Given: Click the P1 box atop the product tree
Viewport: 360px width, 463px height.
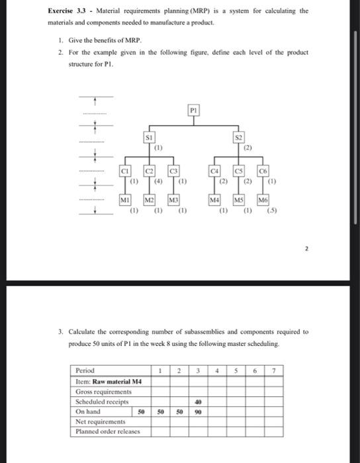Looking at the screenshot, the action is [x=193, y=110].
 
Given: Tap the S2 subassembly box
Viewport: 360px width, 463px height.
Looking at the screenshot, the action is [x=239, y=138].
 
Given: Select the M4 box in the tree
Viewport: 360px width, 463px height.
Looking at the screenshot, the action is [x=214, y=200].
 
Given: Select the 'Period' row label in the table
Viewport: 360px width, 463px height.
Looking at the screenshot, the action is [x=86, y=370].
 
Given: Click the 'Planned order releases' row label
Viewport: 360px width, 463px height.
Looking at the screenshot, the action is [x=105, y=431].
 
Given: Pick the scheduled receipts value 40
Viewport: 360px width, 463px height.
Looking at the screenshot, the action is [x=197, y=401].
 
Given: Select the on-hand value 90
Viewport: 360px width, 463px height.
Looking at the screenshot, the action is [x=197, y=411].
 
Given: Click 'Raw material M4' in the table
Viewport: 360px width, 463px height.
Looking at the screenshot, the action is [x=118, y=381].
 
